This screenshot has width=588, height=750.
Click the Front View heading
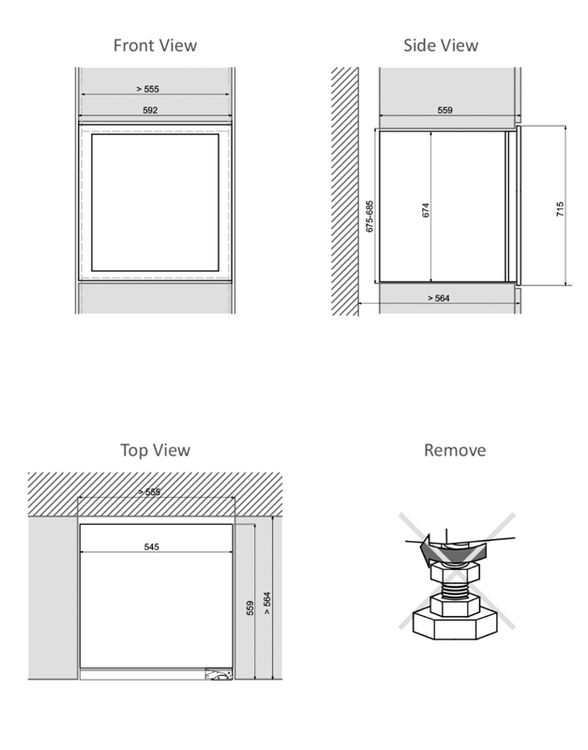(155, 45)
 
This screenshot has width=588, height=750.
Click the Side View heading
(441, 45)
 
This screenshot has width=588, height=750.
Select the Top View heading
(155, 450)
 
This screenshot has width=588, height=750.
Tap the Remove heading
(455, 450)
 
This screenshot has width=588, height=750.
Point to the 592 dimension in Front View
(150, 110)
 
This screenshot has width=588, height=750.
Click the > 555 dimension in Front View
(147, 89)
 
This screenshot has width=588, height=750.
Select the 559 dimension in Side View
(445, 110)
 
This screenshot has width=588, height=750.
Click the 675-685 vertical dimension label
(369, 217)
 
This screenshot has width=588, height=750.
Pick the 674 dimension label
(426, 210)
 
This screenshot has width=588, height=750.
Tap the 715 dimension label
(560, 209)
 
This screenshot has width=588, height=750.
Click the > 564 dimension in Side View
(439, 298)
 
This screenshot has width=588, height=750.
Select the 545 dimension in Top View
(152, 547)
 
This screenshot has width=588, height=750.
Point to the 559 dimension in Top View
(249, 607)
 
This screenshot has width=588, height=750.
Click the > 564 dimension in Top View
(267, 604)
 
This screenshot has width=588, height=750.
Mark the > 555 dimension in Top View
(149, 491)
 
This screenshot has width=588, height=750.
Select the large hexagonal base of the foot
(455, 623)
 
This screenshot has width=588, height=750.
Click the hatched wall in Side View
(345, 191)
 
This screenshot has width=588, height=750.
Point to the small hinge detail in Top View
(219, 674)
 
